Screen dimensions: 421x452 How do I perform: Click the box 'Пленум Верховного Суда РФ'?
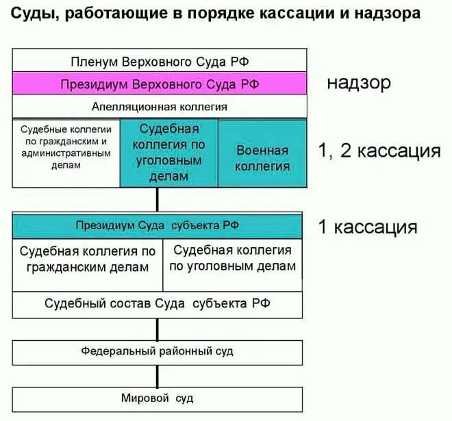point(159,62)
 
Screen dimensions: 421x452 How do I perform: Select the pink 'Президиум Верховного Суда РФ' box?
point(159,84)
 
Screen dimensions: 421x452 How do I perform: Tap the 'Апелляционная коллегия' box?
point(159,107)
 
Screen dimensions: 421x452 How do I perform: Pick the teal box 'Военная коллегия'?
point(262,157)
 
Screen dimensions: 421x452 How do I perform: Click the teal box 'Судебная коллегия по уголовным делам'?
point(169,153)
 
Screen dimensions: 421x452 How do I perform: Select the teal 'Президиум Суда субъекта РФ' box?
point(158,226)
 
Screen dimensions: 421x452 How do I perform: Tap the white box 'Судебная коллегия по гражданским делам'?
point(88,259)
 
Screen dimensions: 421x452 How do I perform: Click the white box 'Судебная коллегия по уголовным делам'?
point(233,259)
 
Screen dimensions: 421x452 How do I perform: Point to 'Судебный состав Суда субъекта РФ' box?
point(158,303)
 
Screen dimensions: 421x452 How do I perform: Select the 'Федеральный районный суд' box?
point(158,351)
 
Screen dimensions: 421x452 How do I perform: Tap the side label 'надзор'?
point(358,84)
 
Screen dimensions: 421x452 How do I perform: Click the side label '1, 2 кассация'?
point(379,151)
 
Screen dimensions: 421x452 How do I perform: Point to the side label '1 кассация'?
point(367,227)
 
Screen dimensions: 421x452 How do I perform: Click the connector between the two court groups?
point(158,200)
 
